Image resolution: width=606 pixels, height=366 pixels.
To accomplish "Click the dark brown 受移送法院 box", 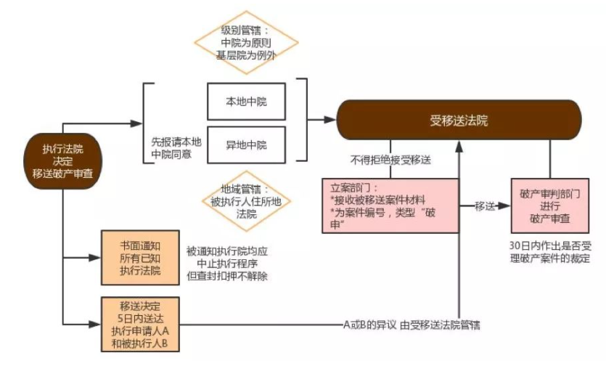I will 459,121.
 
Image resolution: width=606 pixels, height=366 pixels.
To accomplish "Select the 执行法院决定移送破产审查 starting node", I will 62,160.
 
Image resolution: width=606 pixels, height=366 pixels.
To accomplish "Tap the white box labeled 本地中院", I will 246,101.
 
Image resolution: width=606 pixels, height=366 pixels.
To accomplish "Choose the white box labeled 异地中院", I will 246,145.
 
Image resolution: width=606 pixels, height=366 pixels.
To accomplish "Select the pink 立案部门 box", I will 390,206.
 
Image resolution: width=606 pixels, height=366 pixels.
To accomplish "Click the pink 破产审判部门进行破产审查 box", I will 549,206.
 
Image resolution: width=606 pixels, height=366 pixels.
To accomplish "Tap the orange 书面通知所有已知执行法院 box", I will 137,256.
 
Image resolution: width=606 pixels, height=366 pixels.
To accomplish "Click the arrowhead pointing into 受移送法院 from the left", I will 332,121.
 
